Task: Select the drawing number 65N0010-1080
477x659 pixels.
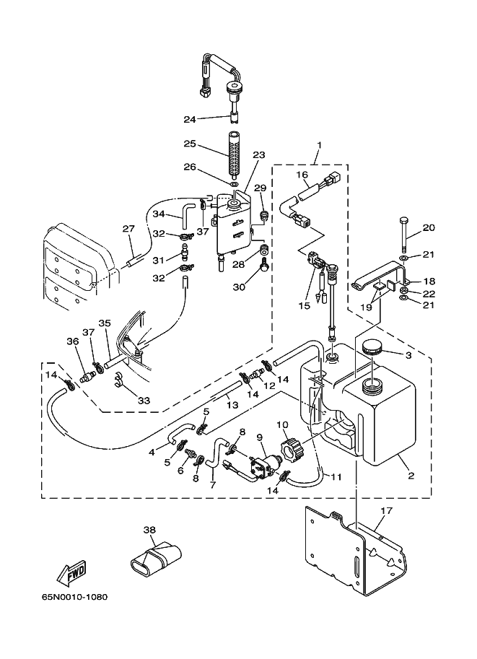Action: point(74,597)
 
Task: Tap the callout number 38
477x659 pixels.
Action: point(150,530)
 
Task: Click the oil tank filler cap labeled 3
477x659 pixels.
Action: point(371,348)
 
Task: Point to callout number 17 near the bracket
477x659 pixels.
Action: point(386,510)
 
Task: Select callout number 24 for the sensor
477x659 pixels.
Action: point(190,119)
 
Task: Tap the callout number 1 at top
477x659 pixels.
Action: point(320,145)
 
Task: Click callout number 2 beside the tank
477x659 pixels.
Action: point(411,476)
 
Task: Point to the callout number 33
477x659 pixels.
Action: point(144,401)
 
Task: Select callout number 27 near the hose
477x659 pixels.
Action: point(128,229)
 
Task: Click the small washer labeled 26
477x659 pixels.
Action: point(234,185)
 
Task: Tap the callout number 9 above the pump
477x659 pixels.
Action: point(260,437)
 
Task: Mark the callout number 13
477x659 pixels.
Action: point(232,405)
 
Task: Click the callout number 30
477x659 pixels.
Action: point(239,287)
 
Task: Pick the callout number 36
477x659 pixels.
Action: point(73,341)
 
